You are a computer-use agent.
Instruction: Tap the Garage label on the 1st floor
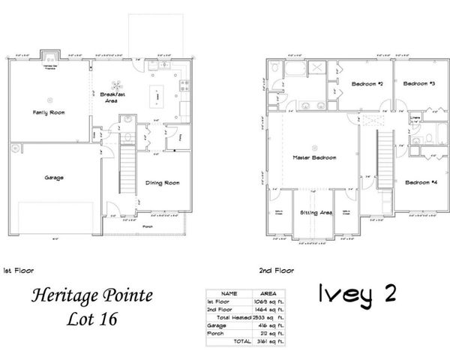click(x=53, y=177)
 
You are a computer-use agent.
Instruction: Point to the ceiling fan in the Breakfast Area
click(x=115, y=85)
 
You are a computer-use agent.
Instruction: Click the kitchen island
click(x=159, y=94)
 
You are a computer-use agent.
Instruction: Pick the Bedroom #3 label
click(x=419, y=83)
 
